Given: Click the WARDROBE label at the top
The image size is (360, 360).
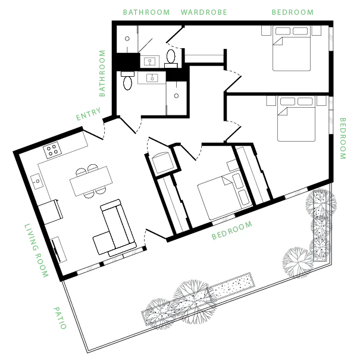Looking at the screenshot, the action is click(x=204, y=12).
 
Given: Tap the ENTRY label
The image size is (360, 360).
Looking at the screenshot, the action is click(x=89, y=114).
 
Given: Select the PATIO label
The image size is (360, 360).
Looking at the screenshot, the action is click(x=60, y=318).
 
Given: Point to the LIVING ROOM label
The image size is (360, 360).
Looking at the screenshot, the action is click(x=36, y=251).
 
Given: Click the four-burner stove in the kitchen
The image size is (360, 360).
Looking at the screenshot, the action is click(x=52, y=150).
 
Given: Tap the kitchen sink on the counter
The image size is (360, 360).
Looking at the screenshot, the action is click(x=37, y=181).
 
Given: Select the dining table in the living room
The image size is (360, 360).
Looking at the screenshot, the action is click(x=91, y=181).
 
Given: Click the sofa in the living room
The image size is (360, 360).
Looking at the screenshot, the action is click(x=115, y=228).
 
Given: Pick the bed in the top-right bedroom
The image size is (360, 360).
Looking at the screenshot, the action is click(x=292, y=48).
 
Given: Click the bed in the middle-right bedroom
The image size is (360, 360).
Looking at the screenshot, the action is click(x=296, y=118).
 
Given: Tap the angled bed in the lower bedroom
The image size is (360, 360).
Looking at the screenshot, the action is click(x=224, y=196).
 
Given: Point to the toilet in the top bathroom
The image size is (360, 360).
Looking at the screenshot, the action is click(x=171, y=58).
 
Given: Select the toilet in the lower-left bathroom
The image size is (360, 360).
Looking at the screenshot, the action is click(x=128, y=80).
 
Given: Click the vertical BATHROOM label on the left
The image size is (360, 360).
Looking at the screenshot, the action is click(x=102, y=73).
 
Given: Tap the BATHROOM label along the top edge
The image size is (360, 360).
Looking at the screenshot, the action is click(x=146, y=12).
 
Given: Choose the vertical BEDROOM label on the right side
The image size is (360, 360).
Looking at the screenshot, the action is click(x=343, y=139).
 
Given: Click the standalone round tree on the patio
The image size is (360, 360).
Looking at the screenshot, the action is click(x=298, y=262).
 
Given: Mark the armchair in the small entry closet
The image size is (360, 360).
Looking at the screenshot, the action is click(x=163, y=162).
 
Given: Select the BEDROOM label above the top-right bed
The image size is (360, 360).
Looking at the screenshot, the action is click(x=293, y=12).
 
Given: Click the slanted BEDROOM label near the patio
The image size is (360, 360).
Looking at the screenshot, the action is click(x=232, y=230).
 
